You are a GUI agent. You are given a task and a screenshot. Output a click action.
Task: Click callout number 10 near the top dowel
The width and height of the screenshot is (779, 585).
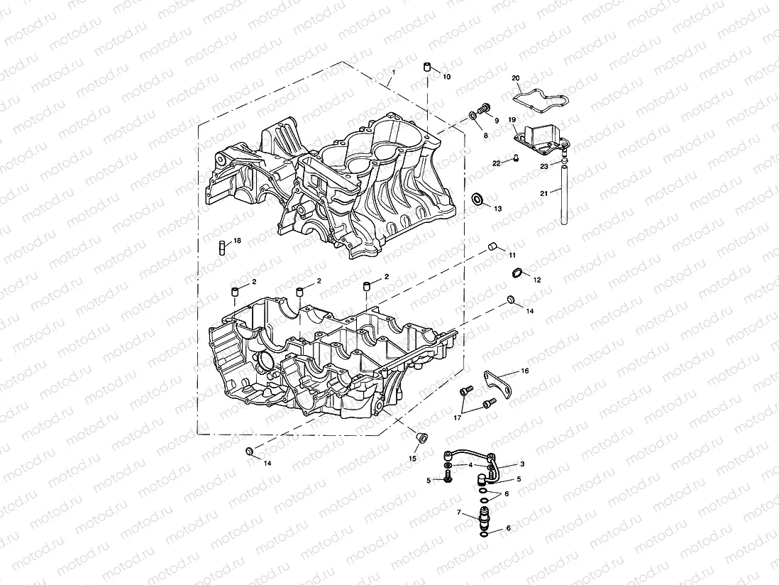coord(446,76)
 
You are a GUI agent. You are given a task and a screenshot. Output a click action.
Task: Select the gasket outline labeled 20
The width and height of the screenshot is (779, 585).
coord(536,95)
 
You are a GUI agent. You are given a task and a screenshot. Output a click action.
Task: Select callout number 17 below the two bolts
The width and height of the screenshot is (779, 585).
coord(458,418)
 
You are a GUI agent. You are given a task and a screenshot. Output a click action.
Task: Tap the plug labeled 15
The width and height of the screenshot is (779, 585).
coord(420,437)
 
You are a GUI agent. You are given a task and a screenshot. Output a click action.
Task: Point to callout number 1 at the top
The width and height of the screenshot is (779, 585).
coord(394,73)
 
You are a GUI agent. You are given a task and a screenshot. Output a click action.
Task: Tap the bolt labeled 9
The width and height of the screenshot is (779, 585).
coord(485,108)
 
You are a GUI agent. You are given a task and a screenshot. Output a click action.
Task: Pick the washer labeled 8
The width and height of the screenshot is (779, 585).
coord(473,115)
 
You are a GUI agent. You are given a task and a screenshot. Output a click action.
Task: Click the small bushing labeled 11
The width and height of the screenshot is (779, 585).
coord(490,246)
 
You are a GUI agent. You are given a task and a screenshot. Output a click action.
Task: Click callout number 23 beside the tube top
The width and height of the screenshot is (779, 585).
coord(543,167)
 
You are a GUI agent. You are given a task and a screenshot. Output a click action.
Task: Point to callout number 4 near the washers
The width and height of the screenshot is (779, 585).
coord(470,465)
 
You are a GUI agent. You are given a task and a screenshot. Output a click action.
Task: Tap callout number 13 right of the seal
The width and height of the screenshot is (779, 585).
coord(497,209)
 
